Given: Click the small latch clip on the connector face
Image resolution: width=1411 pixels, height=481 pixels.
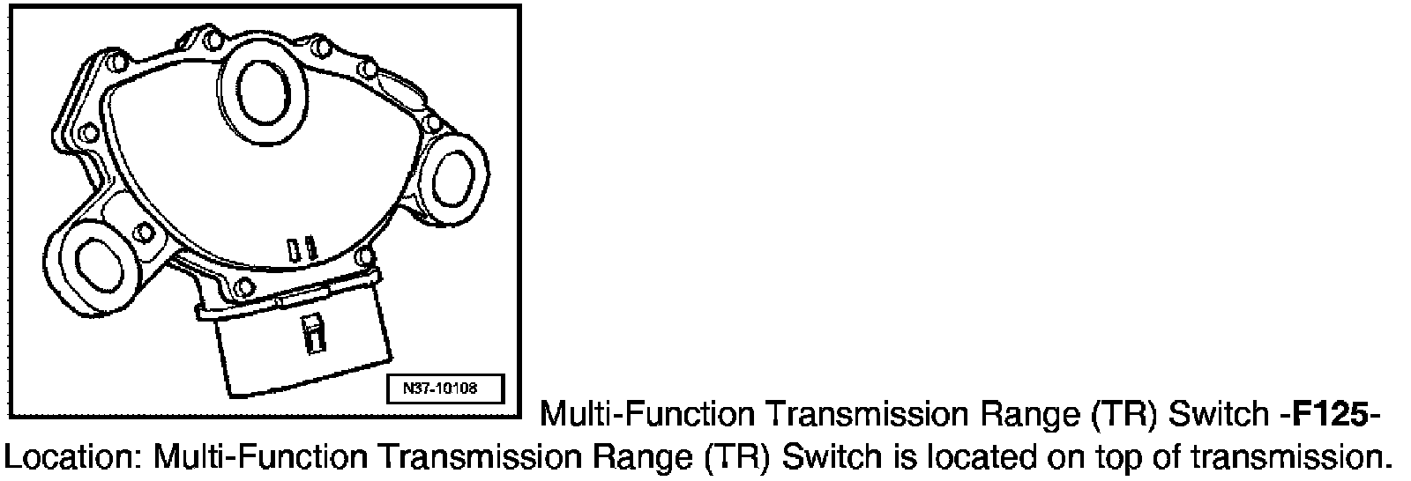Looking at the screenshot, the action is point(310,335).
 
